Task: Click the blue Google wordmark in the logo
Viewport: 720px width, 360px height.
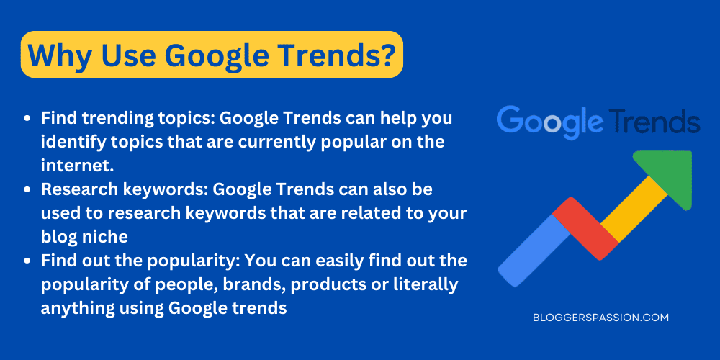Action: pyautogui.click(x=549, y=122)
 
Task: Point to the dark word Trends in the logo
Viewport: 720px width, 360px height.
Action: pyautogui.click(x=653, y=122)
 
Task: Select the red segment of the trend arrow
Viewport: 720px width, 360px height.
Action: pyautogui.click(x=585, y=228)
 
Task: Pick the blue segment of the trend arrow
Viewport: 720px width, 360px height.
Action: pyautogui.click(x=534, y=248)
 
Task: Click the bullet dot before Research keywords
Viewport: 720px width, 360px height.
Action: pyautogui.click(x=27, y=190)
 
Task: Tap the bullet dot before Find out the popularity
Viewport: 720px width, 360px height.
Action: pyautogui.click(x=27, y=261)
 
